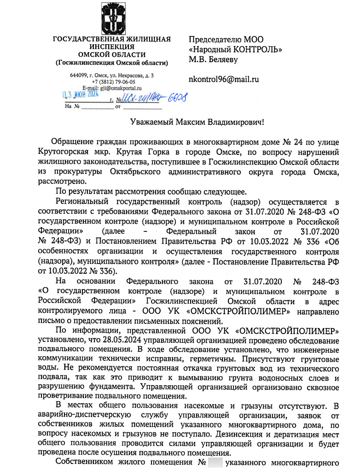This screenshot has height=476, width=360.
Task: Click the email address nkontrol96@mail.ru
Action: [224, 79]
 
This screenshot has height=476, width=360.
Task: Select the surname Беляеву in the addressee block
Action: [222, 59]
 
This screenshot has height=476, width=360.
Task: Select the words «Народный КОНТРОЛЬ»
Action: [236, 49]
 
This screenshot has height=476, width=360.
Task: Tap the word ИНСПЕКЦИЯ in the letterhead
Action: [112, 47]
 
